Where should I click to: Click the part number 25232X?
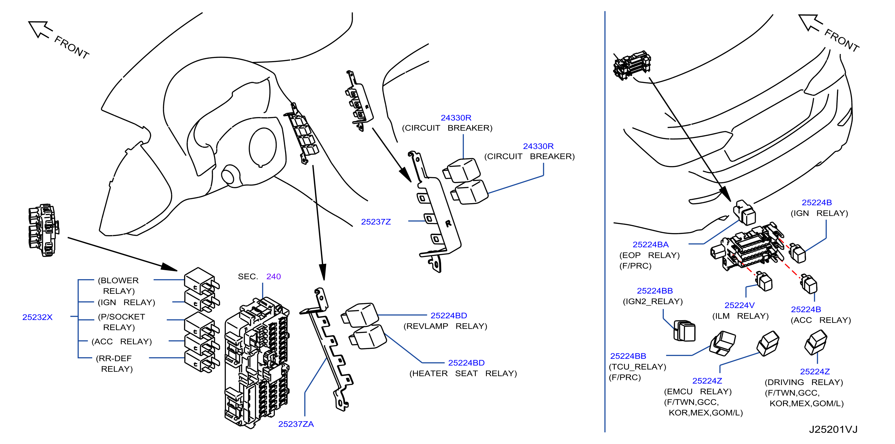coord(37,317)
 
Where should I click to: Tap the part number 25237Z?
coord(375,221)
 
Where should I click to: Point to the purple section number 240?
coord(273,276)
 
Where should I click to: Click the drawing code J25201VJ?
coord(833,429)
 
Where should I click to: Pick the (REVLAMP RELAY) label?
coord(445,326)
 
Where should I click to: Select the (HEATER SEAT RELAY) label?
coord(463,373)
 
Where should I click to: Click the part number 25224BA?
coord(650,244)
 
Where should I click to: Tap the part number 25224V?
coord(739,305)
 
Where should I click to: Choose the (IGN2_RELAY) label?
coord(652,301)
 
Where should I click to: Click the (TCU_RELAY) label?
coord(637,367)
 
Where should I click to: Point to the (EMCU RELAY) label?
coord(698,392)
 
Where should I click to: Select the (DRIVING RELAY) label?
coord(804,382)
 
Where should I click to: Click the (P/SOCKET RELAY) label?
coord(121,322)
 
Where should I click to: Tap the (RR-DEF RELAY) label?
coord(114,364)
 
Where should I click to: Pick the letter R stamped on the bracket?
coord(448,223)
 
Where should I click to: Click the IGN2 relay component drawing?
coord(684,331)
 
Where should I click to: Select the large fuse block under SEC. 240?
coord(257,363)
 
